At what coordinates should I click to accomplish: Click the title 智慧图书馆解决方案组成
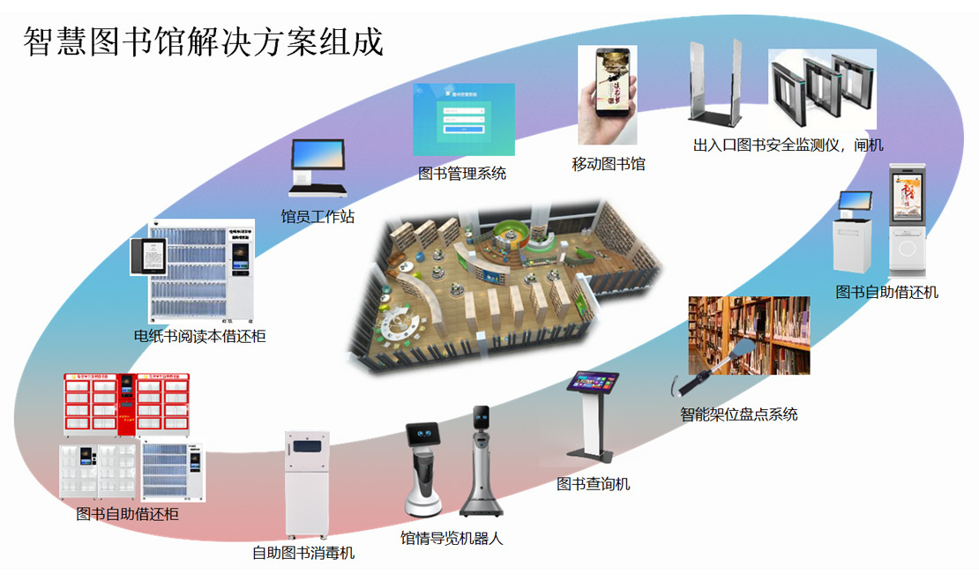click(x=204, y=41)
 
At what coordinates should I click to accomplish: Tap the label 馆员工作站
click(x=318, y=217)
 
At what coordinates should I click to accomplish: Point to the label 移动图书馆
click(x=608, y=164)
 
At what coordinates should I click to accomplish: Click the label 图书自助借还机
click(x=886, y=292)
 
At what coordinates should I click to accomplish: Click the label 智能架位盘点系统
click(x=738, y=413)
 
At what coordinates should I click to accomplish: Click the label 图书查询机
click(x=593, y=484)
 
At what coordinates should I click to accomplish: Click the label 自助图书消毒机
click(x=303, y=554)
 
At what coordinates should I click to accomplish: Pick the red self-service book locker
click(x=126, y=404)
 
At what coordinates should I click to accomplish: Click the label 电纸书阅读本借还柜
click(x=199, y=336)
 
